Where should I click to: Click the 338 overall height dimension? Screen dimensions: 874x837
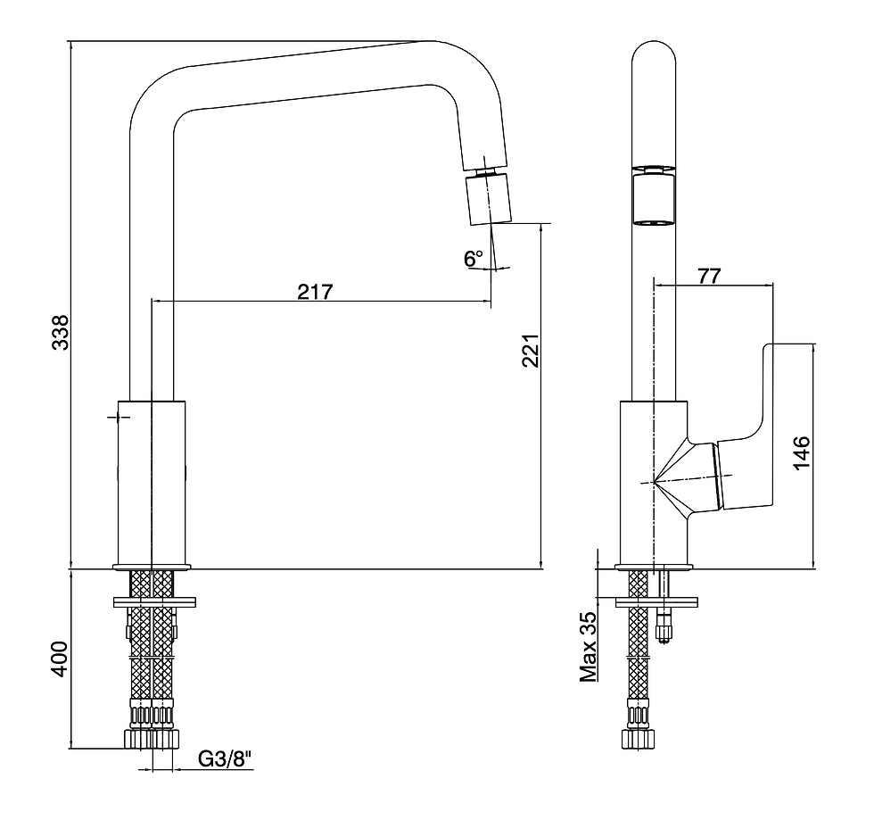click(x=61, y=333)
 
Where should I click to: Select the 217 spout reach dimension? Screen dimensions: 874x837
click(x=314, y=291)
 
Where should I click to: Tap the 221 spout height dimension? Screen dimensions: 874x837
click(x=531, y=351)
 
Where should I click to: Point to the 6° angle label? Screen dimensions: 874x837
click(x=474, y=258)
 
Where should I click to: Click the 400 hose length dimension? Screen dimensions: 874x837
click(x=61, y=659)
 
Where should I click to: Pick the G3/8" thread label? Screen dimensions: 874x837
click(x=225, y=759)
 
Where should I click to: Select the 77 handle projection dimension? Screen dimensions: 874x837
click(x=709, y=276)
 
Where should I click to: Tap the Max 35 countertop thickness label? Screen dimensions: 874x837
click(x=588, y=647)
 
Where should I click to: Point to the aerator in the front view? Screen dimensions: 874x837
click(x=653, y=196)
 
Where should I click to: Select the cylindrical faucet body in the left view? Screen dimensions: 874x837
click(x=152, y=483)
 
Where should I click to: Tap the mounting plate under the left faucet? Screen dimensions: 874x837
click(x=154, y=602)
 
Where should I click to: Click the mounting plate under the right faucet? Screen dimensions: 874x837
click(x=656, y=602)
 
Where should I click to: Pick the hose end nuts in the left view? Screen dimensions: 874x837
click(x=152, y=738)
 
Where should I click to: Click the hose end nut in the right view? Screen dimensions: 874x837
click(x=639, y=738)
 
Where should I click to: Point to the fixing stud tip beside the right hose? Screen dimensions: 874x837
click(x=664, y=633)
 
